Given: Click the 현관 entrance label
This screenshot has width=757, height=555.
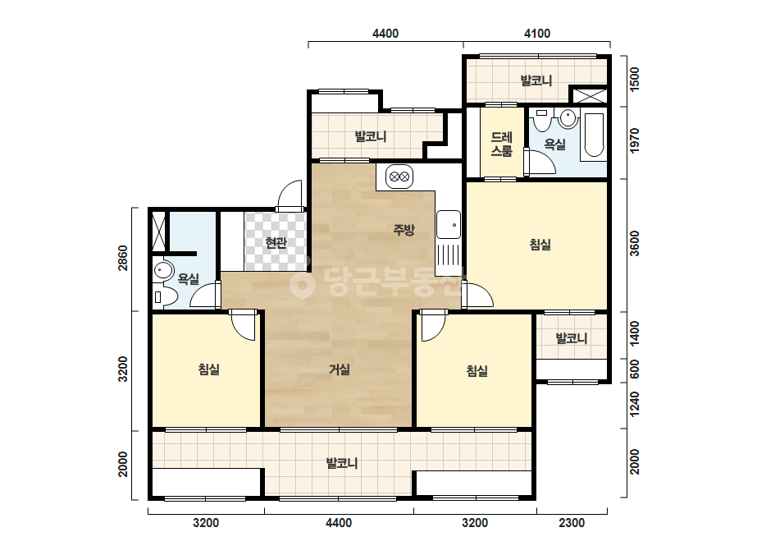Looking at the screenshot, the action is tap(276, 243).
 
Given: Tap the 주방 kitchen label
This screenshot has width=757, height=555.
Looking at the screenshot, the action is tap(404, 230).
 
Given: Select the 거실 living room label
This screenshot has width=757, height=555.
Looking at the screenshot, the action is tap(340, 369).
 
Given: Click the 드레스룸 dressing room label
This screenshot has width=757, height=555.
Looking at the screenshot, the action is tap(502, 144).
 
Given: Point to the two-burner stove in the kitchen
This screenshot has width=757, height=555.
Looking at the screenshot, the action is tap(399, 177).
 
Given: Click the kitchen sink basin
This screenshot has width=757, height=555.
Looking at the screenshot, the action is tap(449, 225).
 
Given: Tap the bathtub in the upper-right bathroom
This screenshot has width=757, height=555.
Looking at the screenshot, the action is tap(594, 135).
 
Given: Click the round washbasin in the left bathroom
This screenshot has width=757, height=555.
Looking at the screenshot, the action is tap(163, 270).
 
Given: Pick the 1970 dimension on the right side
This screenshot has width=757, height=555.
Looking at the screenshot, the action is tap(634, 140).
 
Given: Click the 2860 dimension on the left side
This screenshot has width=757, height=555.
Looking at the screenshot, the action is tap(123, 258).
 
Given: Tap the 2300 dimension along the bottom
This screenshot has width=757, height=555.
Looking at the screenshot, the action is tap(572, 523).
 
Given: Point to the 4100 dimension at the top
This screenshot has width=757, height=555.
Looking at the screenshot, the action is tap(537, 34).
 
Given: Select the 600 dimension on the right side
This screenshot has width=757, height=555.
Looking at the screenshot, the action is tap(634, 369).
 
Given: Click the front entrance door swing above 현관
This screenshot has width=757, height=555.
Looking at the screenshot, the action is tap(290, 196).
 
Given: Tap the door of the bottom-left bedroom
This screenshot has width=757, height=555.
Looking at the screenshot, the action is tap(242, 325).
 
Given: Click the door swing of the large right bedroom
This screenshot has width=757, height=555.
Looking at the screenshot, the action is tap(477, 295).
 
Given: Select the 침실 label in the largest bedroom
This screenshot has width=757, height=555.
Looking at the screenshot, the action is tap(540, 245).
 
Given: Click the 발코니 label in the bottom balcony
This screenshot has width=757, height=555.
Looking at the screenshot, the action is tap(342, 463).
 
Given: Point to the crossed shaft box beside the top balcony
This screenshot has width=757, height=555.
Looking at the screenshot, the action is tap(589, 95).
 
